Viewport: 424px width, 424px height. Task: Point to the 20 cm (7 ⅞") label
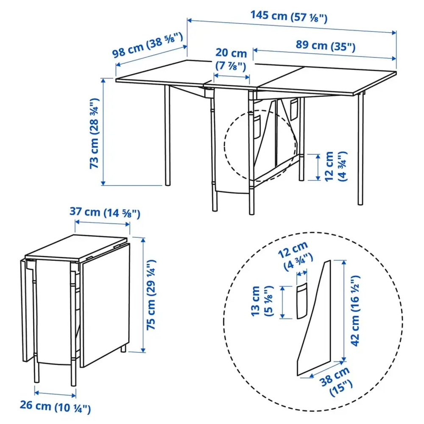coord(231,60)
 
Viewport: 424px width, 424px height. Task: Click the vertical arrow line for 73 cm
coord(103,131)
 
